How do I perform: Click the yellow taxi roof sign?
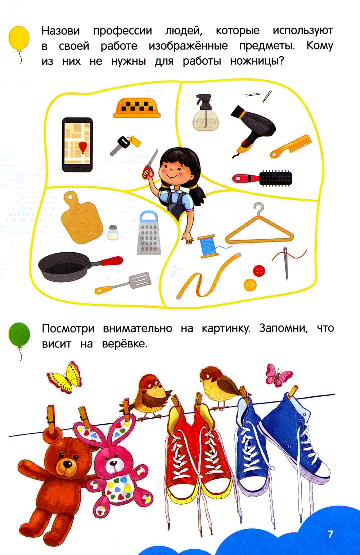(x=137, y=108)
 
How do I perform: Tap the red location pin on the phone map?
(x=83, y=147)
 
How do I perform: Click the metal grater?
(x=149, y=233)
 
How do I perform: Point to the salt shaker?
(x=113, y=232)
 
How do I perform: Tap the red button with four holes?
(x=259, y=271)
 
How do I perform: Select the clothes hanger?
(x=260, y=228)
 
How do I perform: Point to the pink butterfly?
(x=278, y=376)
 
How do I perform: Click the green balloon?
(x=19, y=334)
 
